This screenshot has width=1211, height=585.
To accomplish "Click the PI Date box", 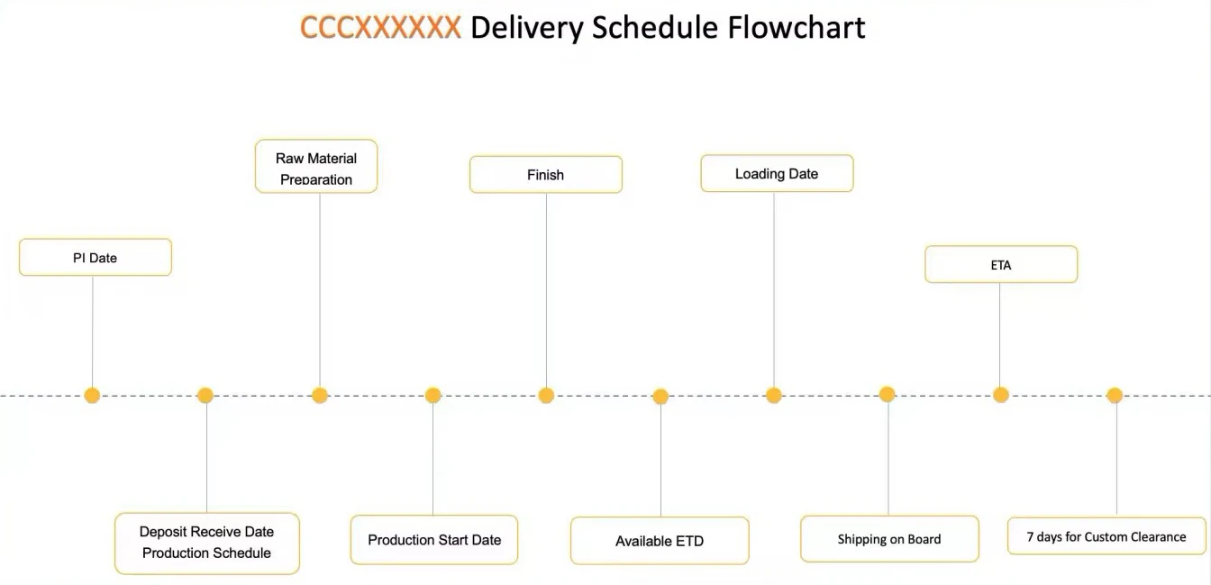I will click(x=95, y=258).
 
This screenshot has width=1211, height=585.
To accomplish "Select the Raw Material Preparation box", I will click(x=316, y=167).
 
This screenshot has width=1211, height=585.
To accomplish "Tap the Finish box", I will click(x=545, y=175).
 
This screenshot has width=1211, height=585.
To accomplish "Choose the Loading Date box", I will click(x=777, y=174).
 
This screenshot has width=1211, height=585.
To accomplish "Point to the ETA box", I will click(x=1001, y=265).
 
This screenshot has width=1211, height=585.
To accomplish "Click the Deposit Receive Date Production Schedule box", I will click(x=206, y=543).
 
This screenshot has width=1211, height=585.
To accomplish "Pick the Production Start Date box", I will click(x=434, y=540).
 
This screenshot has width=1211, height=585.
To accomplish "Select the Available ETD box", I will click(x=660, y=541).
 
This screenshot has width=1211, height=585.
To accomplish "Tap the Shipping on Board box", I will click(x=889, y=539).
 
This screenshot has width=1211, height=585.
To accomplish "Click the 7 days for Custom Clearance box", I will click(x=1106, y=536).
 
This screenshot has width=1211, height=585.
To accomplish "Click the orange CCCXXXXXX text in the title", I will click(x=380, y=28).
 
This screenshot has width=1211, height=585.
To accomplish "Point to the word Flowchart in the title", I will click(x=797, y=28).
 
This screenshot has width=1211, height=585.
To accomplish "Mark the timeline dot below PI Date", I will click(x=92, y=395).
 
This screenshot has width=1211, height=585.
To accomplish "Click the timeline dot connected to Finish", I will click(x=546, y=395).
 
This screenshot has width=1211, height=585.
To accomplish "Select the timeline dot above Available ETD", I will click(x=660, y=396).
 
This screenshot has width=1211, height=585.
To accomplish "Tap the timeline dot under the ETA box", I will click(x=1000, y=395).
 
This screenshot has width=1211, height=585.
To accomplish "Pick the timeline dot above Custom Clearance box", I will click(x=1115, y=395).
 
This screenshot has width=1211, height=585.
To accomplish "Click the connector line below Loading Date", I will click(x=774, y=288).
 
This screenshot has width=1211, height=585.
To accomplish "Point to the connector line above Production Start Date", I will click(x=432, y=460).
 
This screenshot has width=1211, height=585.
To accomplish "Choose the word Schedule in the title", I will click(x=655, y=28).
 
